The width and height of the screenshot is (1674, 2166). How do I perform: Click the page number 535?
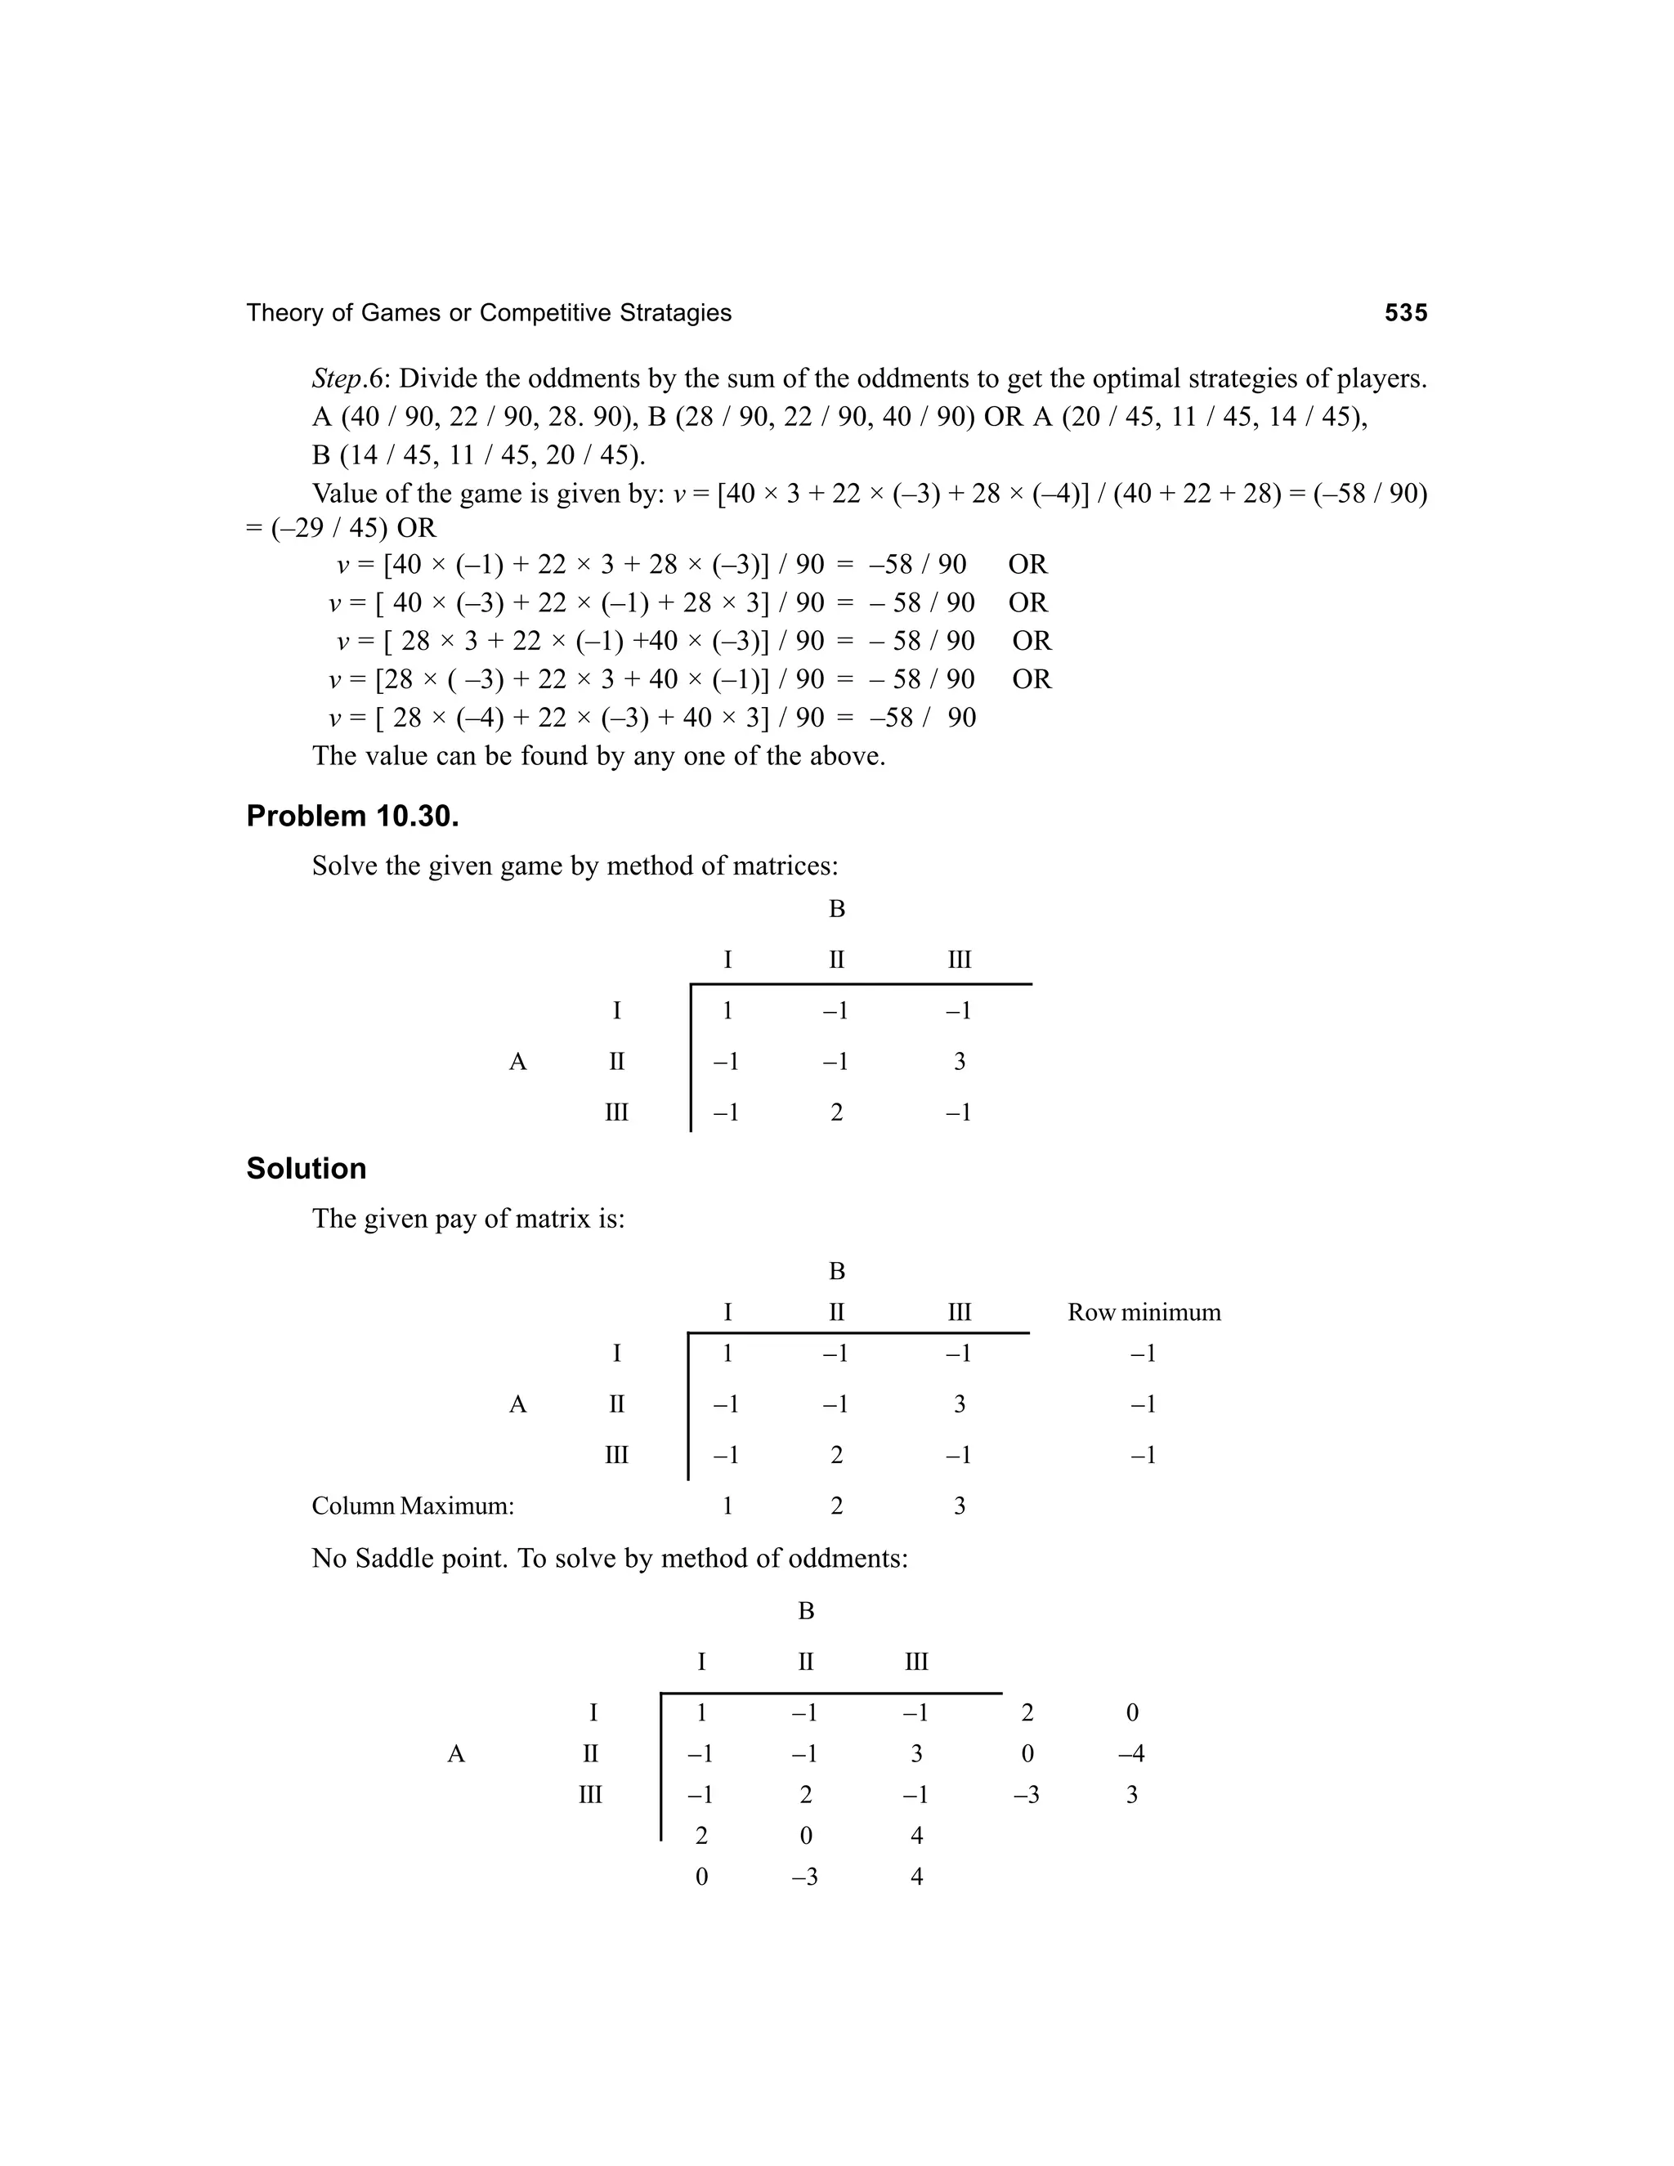[1405, 313]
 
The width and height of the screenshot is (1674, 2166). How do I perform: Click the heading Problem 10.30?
[352, 817]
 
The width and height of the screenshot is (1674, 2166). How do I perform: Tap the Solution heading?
[306, 1168]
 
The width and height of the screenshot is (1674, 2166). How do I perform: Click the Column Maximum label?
[413, 1506]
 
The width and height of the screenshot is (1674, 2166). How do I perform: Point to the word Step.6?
[351, 379]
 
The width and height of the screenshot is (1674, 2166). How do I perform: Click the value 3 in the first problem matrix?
[959, 1063]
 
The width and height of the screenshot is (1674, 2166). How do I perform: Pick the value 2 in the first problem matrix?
[836, 1112]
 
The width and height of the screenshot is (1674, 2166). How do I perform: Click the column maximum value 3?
[959, 1506]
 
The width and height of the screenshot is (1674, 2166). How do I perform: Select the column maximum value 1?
[727, 1506]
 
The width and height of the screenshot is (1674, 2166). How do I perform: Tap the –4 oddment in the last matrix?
[1130, 1753]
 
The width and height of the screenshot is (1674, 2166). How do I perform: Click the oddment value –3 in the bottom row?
[804, 1877]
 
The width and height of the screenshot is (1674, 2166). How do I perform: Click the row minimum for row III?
[1144, 1455]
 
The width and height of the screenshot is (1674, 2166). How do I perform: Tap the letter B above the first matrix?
[836, 908]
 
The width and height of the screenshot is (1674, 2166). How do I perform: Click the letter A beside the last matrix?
[455, 1753]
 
